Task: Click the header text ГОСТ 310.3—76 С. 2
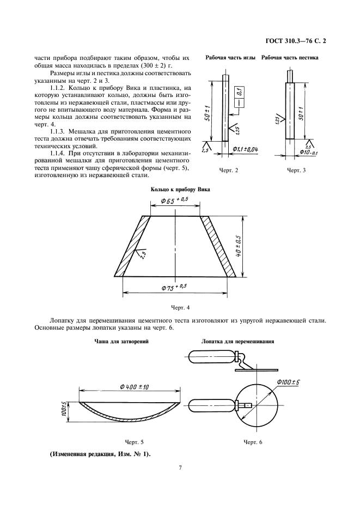click(x=298, y=41)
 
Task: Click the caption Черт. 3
click(x=297, y=171)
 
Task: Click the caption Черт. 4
click(x=180, y=308)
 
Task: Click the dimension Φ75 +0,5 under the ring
click(x=174, y=286)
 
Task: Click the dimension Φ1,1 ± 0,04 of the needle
click(x=246, y=149)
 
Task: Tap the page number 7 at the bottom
click(x=180, y=467)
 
